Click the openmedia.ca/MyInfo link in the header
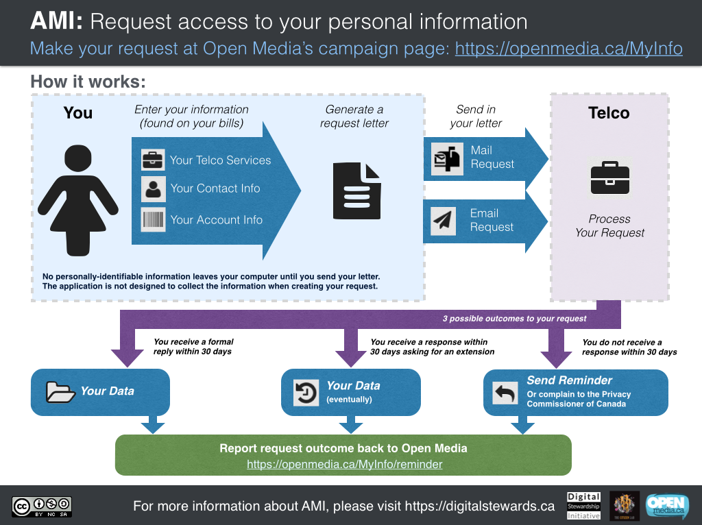(568, 49)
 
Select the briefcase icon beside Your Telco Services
(153, 160)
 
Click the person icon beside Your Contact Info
(153, 188)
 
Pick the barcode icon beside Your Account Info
(153, 220)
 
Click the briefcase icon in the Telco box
(609, 178)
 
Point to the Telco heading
(609, 113)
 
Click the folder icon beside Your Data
(60, 391)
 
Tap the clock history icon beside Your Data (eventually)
(306, 392)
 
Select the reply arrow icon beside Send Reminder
(505, 393)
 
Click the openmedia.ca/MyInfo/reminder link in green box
(344, 464)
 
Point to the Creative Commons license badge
(42, 506)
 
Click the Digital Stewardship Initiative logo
(583, 506)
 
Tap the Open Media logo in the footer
(667, 506)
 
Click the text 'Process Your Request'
(609, 225)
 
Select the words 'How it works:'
(88, 82)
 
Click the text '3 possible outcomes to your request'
(514, 319)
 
